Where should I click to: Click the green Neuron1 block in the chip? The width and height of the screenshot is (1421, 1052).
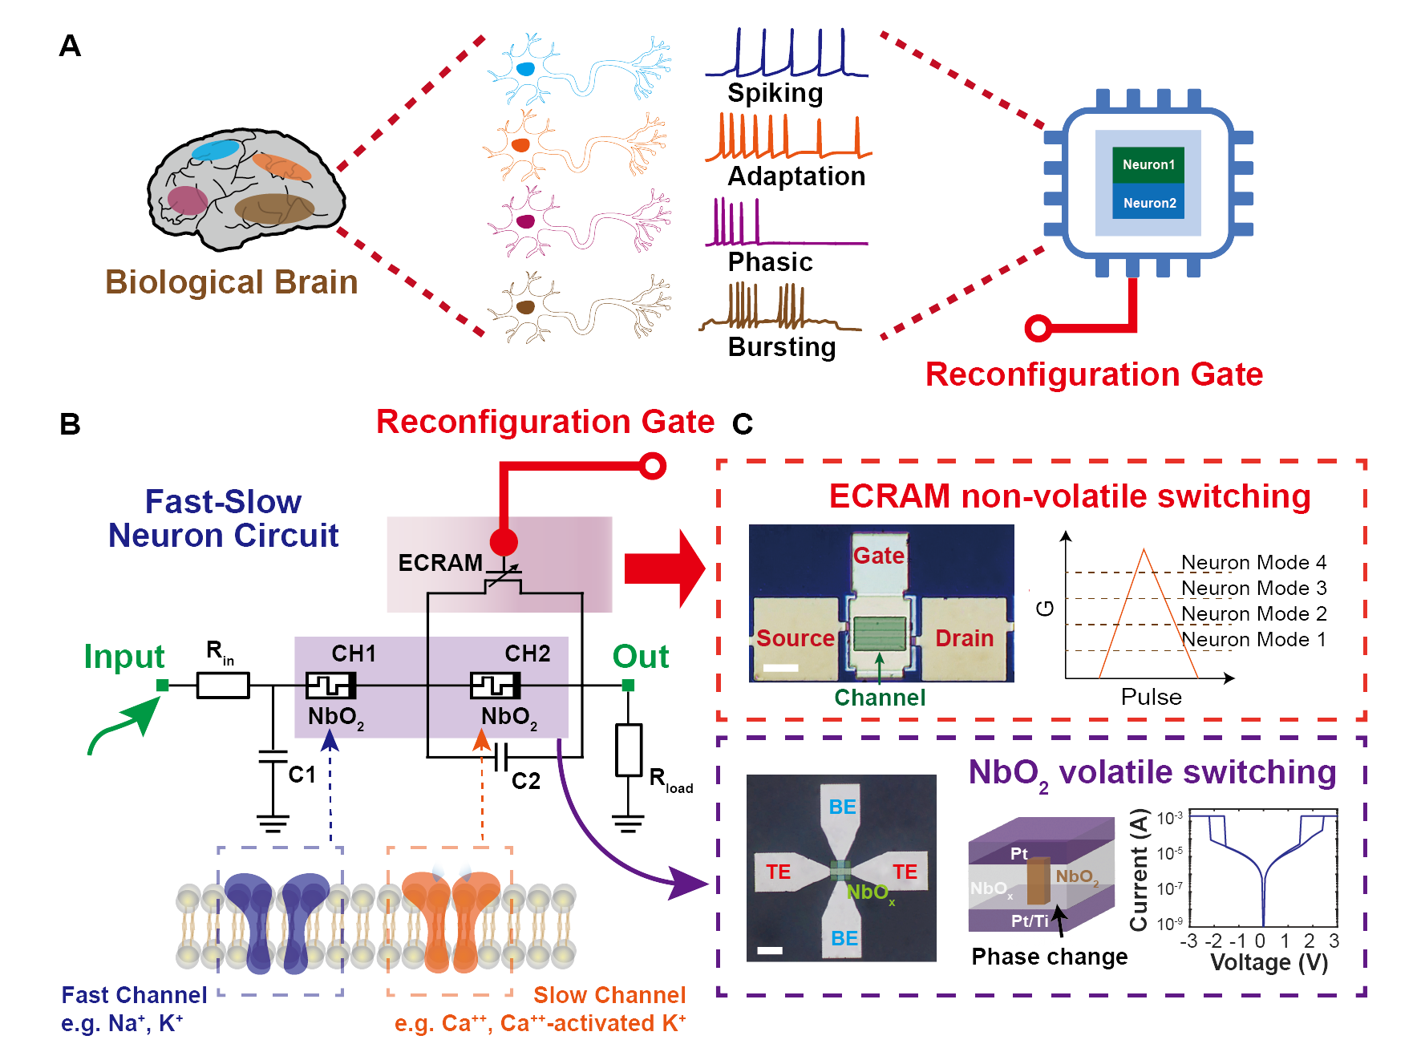[1148, 164]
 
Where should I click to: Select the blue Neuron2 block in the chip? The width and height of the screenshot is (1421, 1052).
[1148, 203]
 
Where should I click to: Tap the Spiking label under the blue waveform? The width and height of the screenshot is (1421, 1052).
[775, 93]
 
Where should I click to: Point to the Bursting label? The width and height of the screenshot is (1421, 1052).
[781, 347]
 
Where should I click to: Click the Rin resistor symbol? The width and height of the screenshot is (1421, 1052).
[223, 686]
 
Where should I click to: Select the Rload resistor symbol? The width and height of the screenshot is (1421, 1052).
[629, 750]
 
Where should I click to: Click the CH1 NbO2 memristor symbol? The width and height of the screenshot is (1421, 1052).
[330, 686]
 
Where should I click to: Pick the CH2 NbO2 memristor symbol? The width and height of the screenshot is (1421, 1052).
[495, 686]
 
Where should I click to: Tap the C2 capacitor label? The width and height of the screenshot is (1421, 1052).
[525, 781]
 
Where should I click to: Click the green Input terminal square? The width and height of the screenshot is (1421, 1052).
[163, 686]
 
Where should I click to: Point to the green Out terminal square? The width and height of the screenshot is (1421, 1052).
[629, 686]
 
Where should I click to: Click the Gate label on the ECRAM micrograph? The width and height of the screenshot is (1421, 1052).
[879, 556]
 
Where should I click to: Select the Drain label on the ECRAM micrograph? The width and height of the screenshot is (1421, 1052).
[964, 638]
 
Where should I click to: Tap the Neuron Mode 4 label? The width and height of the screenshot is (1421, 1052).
[1253, 562]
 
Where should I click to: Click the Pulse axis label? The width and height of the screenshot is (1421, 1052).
[1151, 697]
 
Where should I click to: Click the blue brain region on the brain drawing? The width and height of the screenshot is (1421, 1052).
[215, 150]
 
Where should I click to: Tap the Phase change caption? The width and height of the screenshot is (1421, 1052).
[1049, 957]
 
